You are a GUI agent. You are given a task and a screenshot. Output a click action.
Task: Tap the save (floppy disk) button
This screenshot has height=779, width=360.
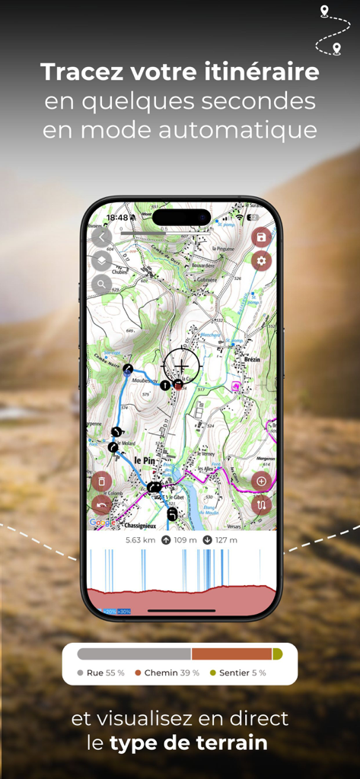click(261, 237)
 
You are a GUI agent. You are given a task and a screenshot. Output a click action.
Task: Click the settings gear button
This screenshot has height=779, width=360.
click(261, 261)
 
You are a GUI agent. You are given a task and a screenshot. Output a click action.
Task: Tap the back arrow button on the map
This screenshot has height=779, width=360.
click(101, 237)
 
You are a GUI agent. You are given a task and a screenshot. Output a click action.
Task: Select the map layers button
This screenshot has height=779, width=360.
click(101, 261)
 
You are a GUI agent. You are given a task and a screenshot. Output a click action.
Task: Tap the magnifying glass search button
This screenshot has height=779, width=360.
click(101, 285)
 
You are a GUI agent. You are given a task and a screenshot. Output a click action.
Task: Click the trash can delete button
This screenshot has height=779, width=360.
click(101, 481)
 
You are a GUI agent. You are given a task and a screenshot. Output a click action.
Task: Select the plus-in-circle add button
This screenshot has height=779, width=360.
click(261, 481)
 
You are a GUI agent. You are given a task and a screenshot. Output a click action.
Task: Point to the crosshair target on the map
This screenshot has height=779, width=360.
click(181, 366)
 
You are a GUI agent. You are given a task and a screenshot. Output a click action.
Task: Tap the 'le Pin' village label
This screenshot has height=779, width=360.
click(145, 460)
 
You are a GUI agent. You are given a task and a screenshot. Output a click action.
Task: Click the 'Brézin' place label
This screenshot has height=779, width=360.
click(253, 359)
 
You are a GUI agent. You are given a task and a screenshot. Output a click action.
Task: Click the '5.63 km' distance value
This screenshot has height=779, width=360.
click(140, 540)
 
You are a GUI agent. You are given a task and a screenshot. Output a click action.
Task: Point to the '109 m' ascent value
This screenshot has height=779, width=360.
click(185, 540)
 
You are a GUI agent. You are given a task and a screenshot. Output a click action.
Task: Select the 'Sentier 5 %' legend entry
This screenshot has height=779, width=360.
click(242, 672)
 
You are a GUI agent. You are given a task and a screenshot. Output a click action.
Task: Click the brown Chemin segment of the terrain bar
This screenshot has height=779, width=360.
click(231, 654)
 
